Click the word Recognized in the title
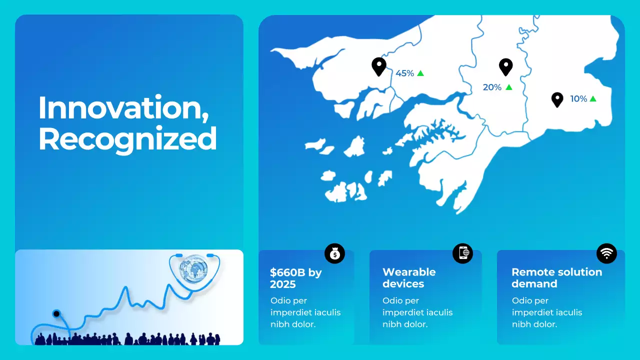(x=127, y=139)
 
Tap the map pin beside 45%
(x=379, y=66)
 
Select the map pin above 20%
(x=506, y=66)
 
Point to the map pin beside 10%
(x=557, y=99)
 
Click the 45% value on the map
(x=404, y=73)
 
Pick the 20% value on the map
(x=492, y=87)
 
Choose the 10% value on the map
(x=578, y=99)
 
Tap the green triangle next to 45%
(x=420, y=73)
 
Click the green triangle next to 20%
(x=508, y=87)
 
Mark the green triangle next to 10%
(x=593, y=98)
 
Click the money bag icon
(x=334, y=254)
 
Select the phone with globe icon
(x=462, y=253)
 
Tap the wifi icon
(x=606, y=253)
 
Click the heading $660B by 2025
(x=295, y=278)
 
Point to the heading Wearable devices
(x=409, y=278)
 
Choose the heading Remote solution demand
(x=556, y=278)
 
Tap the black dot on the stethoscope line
(x=56, y=314)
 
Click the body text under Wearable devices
(x=417, y=312)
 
